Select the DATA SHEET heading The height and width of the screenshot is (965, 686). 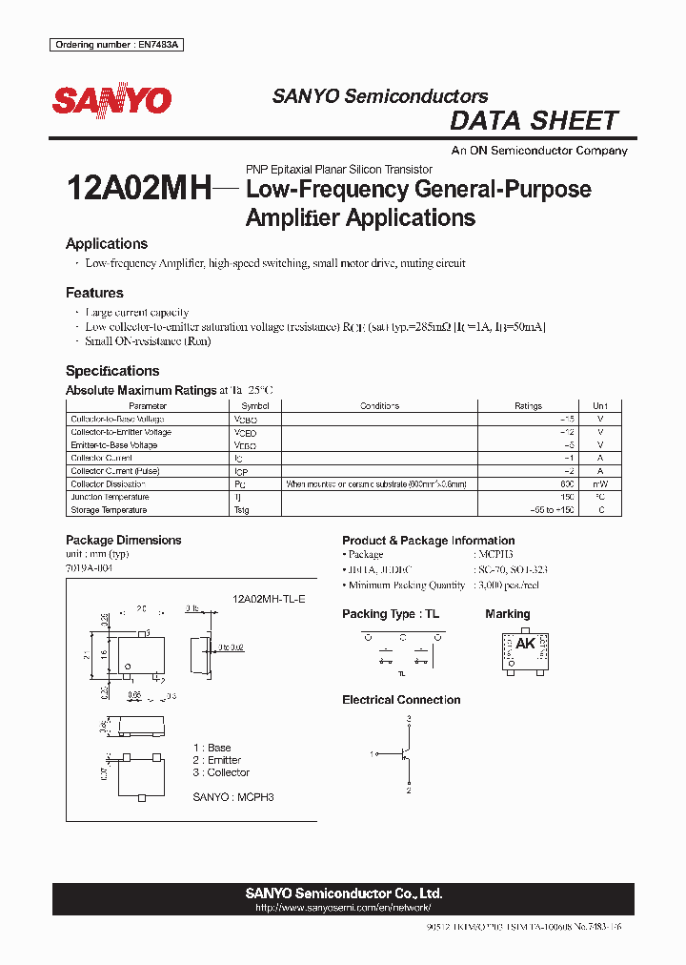tap(534, 121)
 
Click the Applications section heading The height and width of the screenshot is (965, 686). tap(107, 244)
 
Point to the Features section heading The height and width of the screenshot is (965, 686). tap(94, 293)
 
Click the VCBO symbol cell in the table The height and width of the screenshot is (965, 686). tap(245, 420)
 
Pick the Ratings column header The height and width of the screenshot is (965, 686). tap(528, 406)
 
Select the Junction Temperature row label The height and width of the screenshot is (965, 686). tap(110, 497)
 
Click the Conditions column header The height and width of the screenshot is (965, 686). tap(379, 406)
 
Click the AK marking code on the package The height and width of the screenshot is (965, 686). tap(525, 644)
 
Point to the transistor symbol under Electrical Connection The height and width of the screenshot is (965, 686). tap(406, 754)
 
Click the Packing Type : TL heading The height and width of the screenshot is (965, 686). tap(391, 614)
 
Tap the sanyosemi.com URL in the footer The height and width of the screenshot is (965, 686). tap(342, 908)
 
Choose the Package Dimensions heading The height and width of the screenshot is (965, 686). tap(123, 540)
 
